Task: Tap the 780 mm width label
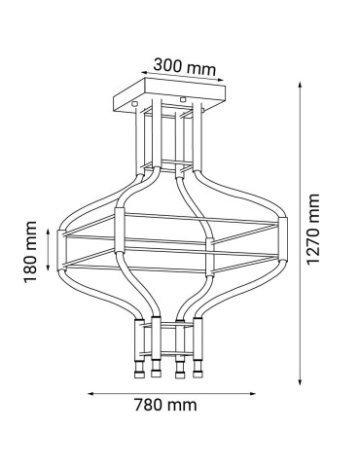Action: pos(169,404)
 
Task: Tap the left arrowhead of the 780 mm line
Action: pos(90,393)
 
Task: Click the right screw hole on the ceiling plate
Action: pos(183,99)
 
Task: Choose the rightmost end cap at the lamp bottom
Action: pos(198,373)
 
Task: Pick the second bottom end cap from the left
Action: pos(156,373)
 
